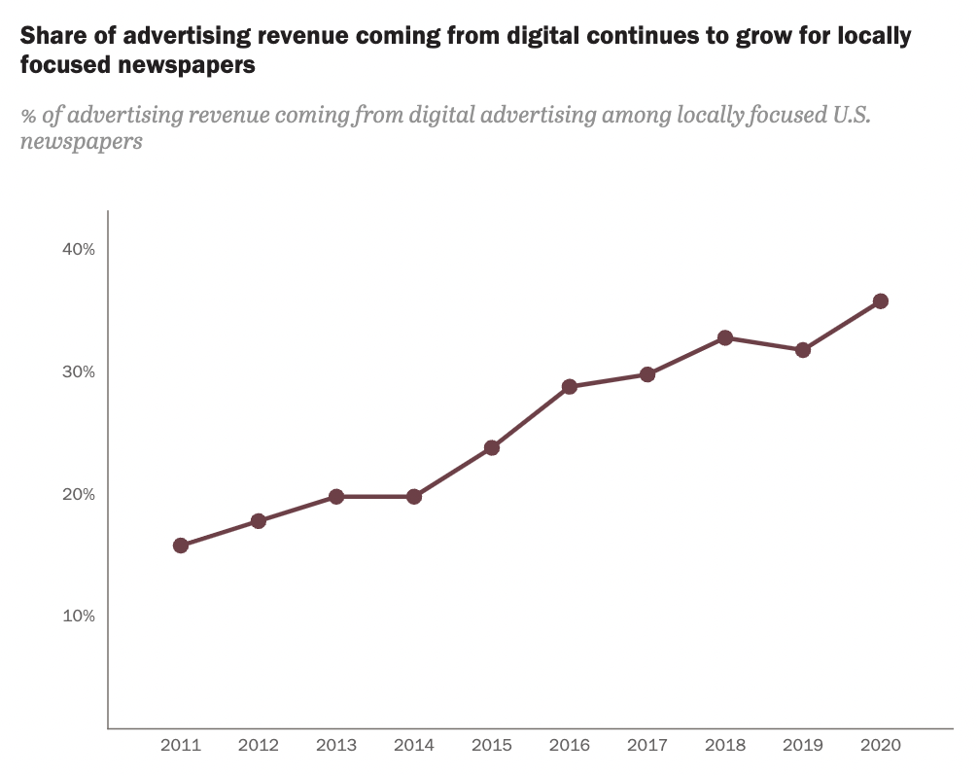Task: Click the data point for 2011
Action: (181, 546)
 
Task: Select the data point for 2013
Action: (336, 497)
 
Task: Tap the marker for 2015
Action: (492, 448)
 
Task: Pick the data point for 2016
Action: (570, 387)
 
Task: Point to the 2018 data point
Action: (725, 338)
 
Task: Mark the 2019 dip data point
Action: (803, 350)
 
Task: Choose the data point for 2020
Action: (881, 301)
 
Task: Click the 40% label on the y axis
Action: (79, 250)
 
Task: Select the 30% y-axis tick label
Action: (79, 372)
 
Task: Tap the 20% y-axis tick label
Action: (79, 494)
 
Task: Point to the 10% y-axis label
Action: (79, 617)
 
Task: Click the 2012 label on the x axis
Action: (259, 746)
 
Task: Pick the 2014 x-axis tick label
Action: (414, 746)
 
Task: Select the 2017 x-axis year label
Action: (647, 746)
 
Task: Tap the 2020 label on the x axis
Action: (881, 746)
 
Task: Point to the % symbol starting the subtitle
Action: (28, 117)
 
